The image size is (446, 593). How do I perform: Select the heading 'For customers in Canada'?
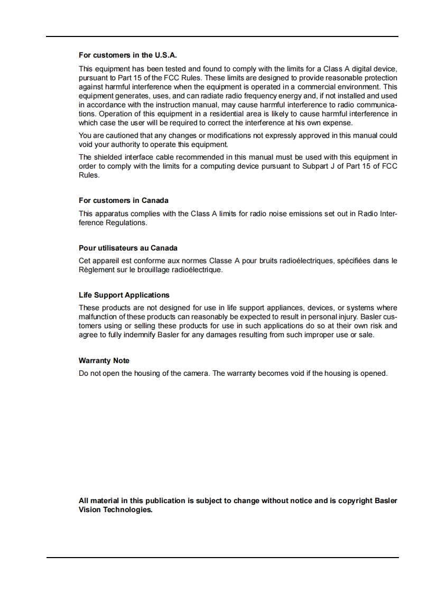pos(124,200)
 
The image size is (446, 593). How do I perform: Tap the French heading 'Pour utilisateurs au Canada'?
pos(128,248)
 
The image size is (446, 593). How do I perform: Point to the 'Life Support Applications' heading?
pos(124,295)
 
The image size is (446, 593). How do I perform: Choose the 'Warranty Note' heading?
pos(104,360)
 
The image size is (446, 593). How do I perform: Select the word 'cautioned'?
pos(122,135)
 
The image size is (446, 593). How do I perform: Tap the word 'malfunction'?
pos(98,317)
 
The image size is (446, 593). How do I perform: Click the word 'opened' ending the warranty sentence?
pos(373,373)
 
